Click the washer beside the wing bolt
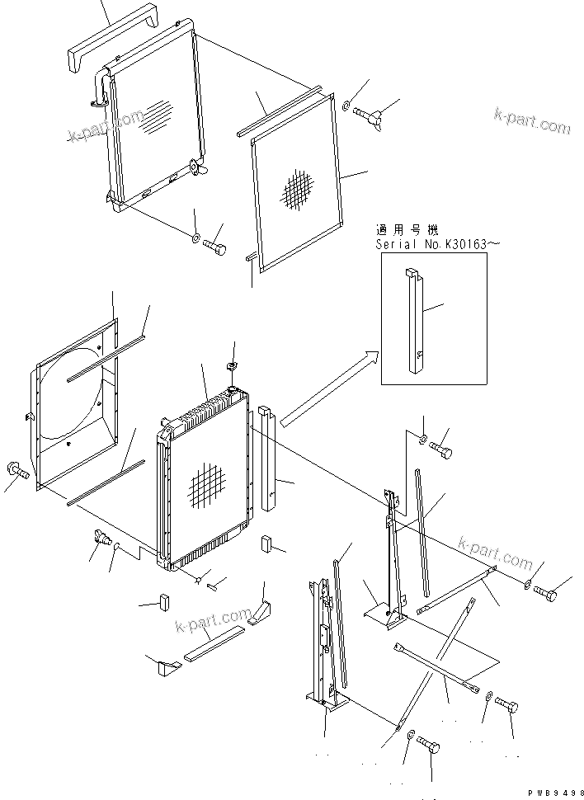(x=345, y=105)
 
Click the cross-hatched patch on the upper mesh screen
(x=299, y=191)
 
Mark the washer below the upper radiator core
(x=195, y=239)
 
